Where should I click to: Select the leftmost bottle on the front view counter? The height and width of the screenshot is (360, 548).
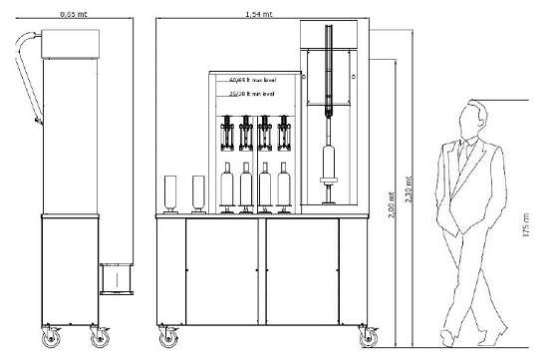click(169, 194)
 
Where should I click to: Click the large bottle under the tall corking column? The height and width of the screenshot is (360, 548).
click(328, 165)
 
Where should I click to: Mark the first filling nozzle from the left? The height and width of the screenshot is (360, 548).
click(228, 135)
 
